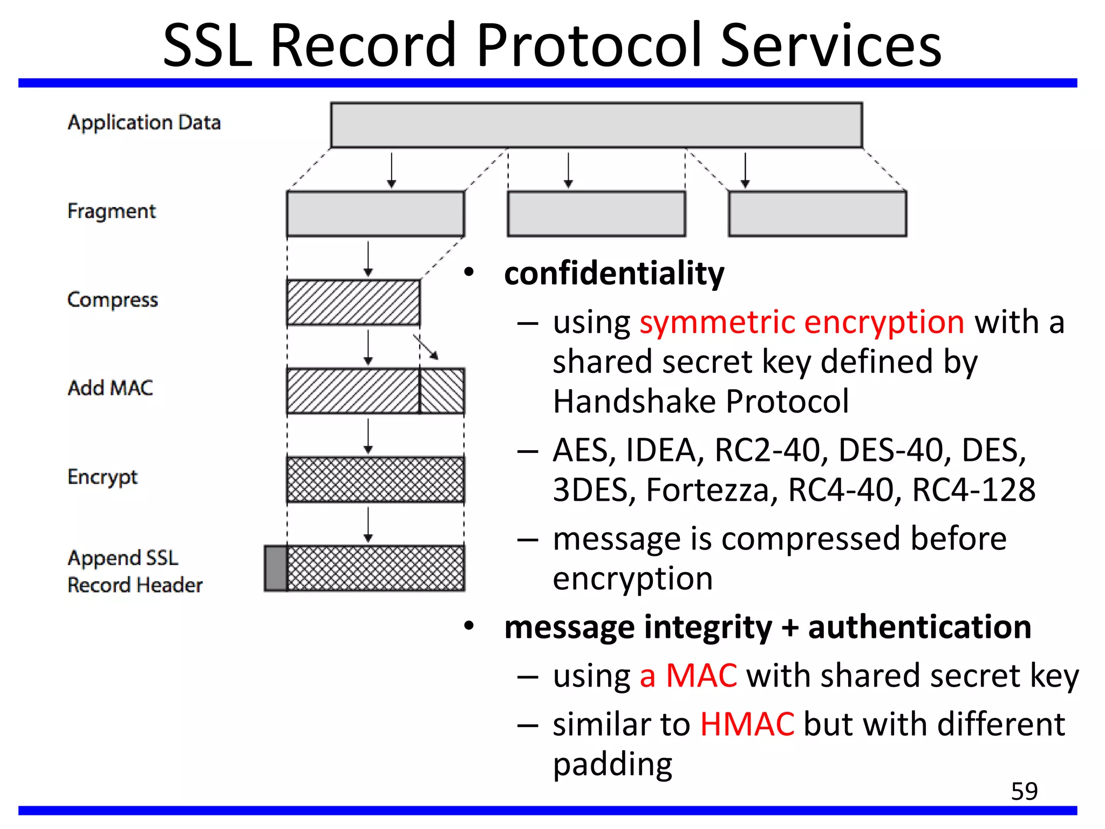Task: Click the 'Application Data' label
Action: [x=144, y=123]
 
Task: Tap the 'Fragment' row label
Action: [x=112, y=211]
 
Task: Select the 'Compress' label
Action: [x=113, y=300]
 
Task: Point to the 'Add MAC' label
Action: [x=111, y=388]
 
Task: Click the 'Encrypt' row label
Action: [x=103, y=477]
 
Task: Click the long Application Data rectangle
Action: [x=596, y=125]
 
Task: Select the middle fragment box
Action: [x=596, y=214]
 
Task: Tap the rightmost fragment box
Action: [x=817, y=214]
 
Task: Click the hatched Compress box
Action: [x=353, y=302]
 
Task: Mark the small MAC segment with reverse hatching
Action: [x=442, y=391]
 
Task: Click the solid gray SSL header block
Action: [x=276, y=568]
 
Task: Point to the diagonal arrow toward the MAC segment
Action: [x=426, y=347]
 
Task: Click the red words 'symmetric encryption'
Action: [x=802, y=322]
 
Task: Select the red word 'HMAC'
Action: [x=747, y=724]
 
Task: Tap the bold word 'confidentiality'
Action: [x=614, y=273]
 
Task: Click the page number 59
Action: [x=1024, y=791]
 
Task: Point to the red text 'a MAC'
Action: [x=688, y=676]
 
